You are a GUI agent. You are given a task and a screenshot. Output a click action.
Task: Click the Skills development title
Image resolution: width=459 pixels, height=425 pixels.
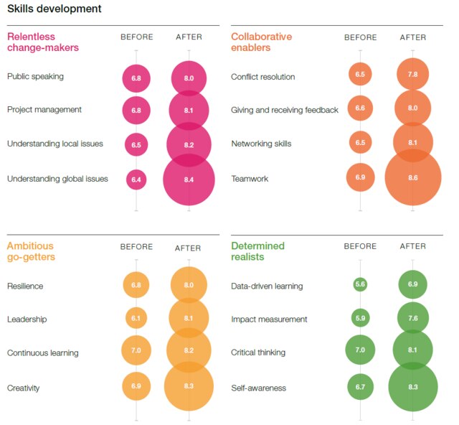pyautogui.click(x=54, y=9)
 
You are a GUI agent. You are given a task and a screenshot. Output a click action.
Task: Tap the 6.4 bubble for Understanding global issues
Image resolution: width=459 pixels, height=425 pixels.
pyautogui.click(x=136, y=179)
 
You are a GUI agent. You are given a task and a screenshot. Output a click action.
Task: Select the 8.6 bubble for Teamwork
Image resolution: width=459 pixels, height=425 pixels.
pyautogui.click(x=412, y=179)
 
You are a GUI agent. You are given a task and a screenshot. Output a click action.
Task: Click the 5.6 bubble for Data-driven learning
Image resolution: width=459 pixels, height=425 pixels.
pyautogui.click(x=360, y=285)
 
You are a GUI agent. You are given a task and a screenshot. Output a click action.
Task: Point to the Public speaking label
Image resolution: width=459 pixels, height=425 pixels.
pyautogui.click(x=36, y=76)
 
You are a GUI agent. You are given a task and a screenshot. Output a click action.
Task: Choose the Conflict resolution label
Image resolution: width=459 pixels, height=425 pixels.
pyautogui.click(x=263, y=76)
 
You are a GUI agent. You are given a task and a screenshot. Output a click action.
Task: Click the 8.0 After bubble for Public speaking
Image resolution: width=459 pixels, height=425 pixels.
pyautogui.click(x=189, y=77)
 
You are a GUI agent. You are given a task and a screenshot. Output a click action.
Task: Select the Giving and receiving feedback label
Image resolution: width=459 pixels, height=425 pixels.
pyautogui.click(x=285, y=110)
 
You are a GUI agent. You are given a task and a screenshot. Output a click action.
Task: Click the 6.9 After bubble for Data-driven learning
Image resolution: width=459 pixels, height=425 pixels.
pyautogui.click(x=412, y=285)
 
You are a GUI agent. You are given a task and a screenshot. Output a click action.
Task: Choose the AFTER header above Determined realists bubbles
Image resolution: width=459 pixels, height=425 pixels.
pyautogui.click(x=412, y=247)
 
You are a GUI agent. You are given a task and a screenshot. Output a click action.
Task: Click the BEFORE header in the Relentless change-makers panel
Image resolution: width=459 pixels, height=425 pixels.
pyautogui.click(x=136, y=37)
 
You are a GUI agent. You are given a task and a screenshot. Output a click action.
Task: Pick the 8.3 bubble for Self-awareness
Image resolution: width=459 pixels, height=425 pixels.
pyautogui.click(x=412, y=388)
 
